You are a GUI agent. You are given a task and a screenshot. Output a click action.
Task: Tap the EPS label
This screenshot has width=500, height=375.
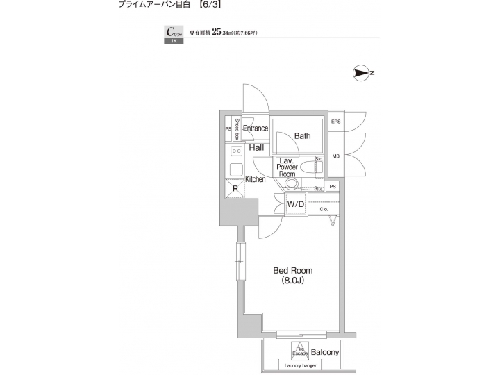tap(336, 122)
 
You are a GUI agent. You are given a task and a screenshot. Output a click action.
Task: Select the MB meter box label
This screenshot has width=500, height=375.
tap(336, 156)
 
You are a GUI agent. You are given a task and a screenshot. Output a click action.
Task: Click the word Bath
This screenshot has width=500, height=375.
tap(302, 136)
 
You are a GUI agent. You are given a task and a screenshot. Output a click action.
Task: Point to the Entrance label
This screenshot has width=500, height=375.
tap(255, 128)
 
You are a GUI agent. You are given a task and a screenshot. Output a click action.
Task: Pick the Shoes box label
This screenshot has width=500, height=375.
tap(237, 129)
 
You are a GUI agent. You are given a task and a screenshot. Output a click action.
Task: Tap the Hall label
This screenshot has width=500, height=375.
tap(256, 148)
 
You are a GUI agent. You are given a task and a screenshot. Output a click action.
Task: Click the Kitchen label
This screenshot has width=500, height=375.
tap(255, 179)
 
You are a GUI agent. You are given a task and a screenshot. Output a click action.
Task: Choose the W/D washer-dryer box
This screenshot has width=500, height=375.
tap(296, 204)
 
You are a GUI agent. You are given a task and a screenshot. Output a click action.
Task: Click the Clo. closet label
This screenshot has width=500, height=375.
tap(324, 208)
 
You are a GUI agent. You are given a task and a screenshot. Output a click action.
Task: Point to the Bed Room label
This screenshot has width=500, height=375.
tap(292, 270)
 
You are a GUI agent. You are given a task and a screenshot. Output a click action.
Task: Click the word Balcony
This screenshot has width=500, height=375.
tap(324, 353)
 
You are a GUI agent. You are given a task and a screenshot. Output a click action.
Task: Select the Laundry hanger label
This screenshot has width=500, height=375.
tap(299, 366)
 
